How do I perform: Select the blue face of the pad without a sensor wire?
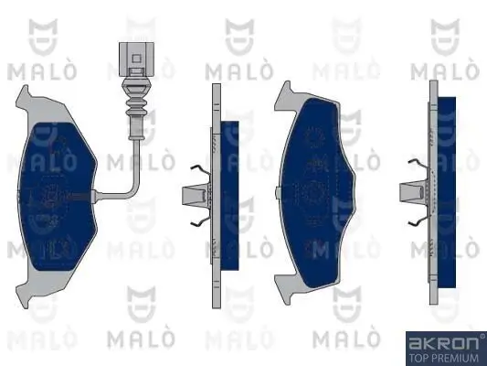click(324, 197)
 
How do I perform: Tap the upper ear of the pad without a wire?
click(285, 92)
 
